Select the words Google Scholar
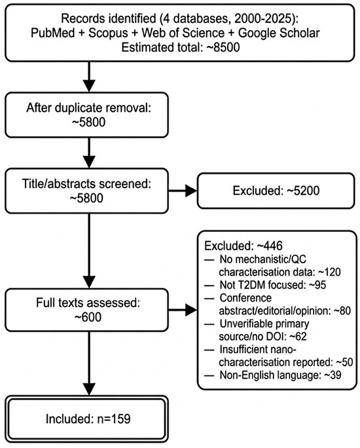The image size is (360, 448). pos(279,33)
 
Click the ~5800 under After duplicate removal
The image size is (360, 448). pos(88,122)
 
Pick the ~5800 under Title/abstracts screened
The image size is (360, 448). pos(87,198)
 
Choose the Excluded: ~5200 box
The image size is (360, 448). pos(276,191)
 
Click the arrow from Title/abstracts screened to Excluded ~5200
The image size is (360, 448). pos(183,191)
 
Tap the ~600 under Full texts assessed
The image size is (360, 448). pos(87,317)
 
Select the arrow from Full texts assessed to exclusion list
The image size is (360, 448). pos(183,310)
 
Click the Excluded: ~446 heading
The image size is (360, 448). pos(243,246)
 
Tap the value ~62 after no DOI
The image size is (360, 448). pos(298,336)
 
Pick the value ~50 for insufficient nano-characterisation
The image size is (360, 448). pos(344,362)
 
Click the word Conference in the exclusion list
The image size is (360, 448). pos(245,298)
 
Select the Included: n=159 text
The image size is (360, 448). pos(88,419)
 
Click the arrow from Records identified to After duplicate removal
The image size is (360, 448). pos(90,77)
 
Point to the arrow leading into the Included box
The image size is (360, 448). pos(90,364)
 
